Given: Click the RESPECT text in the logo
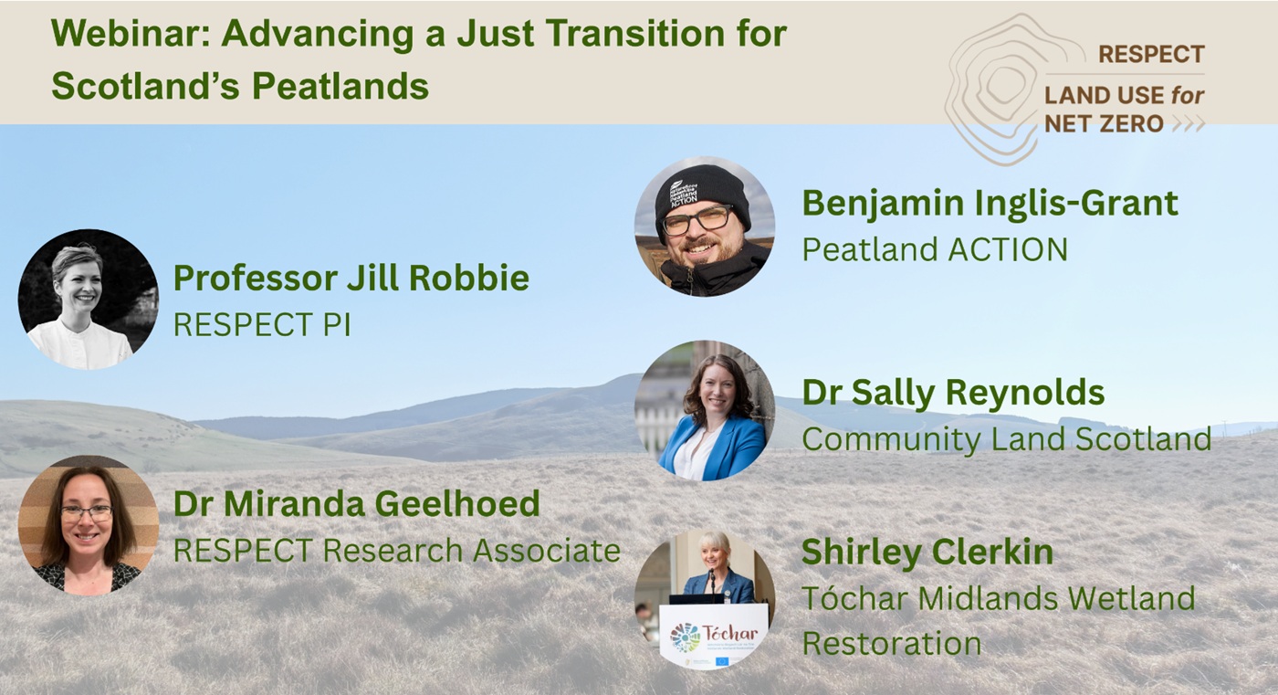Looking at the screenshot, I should [x=1150, y=55].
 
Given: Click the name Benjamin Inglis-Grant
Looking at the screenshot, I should [x=990, y=203].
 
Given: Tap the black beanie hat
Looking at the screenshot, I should [x=702, y=187].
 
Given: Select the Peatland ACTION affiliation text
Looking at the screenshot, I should [x=934, y=249].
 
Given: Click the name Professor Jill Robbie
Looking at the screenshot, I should [x=351, y=278].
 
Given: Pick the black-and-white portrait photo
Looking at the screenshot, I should [x=88, y=299].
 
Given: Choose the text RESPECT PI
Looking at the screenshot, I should [x=261, y=325].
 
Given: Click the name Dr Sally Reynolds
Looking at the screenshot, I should [x=953, y=393].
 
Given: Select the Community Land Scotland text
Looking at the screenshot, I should [x=1006, y=439].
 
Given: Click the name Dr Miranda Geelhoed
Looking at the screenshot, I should [x=356, y=503].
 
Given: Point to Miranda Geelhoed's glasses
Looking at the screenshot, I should [x=87, y=512].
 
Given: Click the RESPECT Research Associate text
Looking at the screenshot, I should [x=396, y=550].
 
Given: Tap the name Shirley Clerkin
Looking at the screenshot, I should [x=927, y=552].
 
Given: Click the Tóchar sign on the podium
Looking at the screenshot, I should [x=713, y=634].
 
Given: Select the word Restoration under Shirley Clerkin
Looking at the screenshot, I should [x=891, y=644].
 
